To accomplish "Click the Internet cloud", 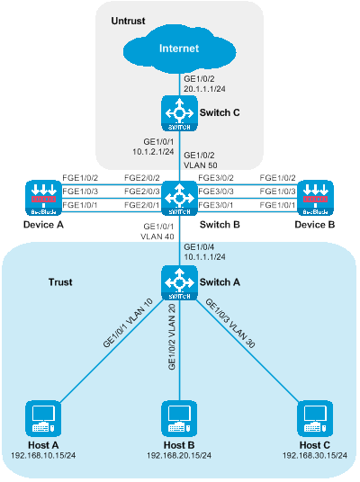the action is [179, 50].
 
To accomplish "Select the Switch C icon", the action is [179, 113].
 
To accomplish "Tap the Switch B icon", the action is [179, 198].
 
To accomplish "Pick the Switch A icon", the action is [179, 282].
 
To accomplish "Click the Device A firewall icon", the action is [43, 198].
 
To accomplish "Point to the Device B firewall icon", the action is [315, 198].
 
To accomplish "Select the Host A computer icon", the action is [43, 418].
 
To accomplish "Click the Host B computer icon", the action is [179, 418].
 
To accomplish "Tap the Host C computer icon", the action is [315, 418].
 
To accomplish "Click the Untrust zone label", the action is [128, 21].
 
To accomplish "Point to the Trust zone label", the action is [60, 282].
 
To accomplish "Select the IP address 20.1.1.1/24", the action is [204, 89].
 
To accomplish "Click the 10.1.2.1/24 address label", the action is [153, 152].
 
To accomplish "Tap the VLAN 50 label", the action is [201, 165].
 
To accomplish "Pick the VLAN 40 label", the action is [157, 237].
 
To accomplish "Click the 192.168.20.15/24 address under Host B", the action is [179, 455].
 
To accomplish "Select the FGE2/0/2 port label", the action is [142, 178].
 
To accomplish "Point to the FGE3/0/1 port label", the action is [216, 205].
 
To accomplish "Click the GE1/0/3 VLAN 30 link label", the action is [229, 324].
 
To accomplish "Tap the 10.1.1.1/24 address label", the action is [204, 257].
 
